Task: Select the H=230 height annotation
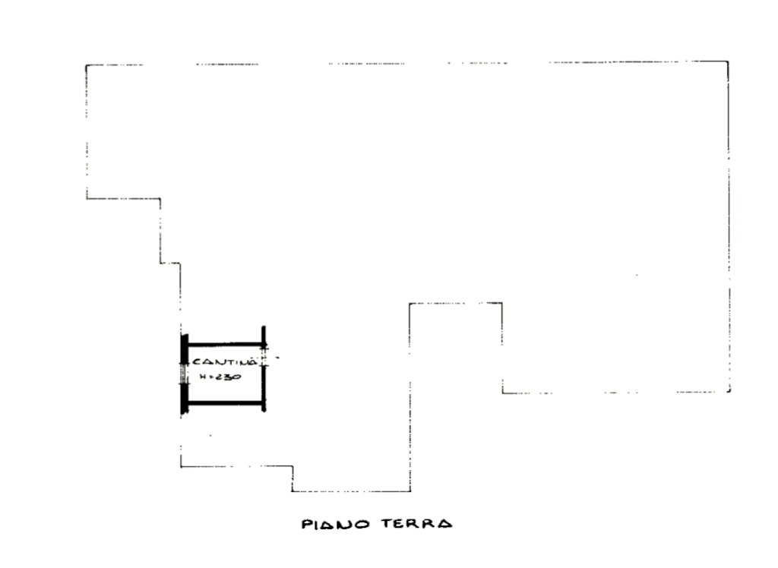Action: tap(220, 377)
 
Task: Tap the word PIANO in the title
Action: tap(335, 525)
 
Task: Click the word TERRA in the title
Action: tap(417, 523)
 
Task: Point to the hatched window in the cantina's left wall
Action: tap(184, 374)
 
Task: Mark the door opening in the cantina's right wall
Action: tap(264, 357)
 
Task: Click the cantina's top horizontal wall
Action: tap(225, 344)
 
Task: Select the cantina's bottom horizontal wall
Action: tap(225, 403)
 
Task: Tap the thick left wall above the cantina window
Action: tap(184, 349)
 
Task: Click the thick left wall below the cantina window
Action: tap(184, 399)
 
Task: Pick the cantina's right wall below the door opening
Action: tap(264, 389)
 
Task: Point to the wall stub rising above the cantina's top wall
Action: tap(264, 334)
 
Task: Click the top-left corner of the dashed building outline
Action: tap(86, 65)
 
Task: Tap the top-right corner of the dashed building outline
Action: tap(728, 62)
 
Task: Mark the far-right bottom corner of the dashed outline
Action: tap(729, 392)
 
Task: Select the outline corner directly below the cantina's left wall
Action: tap(181, 466)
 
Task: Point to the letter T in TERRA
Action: tap(387, 523)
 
